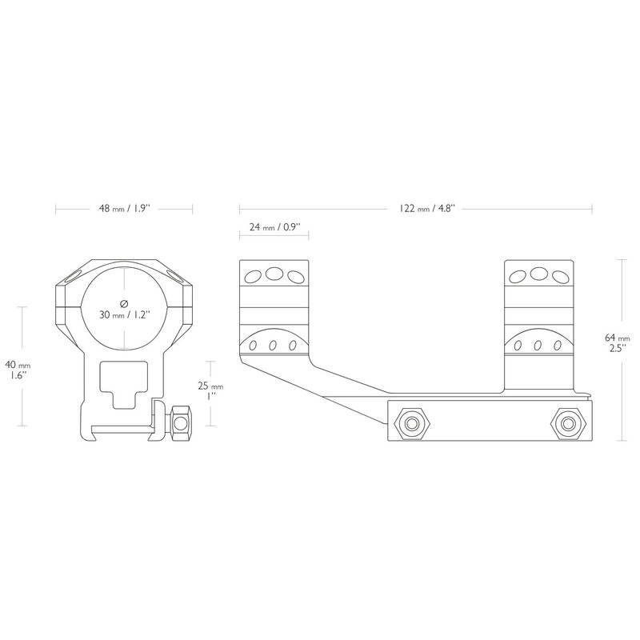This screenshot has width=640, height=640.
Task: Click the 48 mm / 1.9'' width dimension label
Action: pyautogui.click(x=125, y=209)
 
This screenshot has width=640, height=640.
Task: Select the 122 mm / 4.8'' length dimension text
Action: pyautogui.click(x=426, y=209)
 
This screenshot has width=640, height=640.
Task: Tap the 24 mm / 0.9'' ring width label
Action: pyautogui.click(x=274, y=226)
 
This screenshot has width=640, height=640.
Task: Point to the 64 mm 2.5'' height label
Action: pyautogui.click(x=617, y=343)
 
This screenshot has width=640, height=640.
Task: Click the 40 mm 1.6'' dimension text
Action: pyautogui.click(x=18, y=370)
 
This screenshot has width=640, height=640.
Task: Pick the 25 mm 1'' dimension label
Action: pyautogui.click(x=210, y=390)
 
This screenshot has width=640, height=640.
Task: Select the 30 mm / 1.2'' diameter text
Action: pyautogui.click(x=125, y=314)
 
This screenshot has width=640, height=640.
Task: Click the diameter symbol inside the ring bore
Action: pyautogui.click(x=125, y=303)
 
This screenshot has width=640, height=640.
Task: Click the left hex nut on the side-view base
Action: pyautogui.click(x=412, y=424)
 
